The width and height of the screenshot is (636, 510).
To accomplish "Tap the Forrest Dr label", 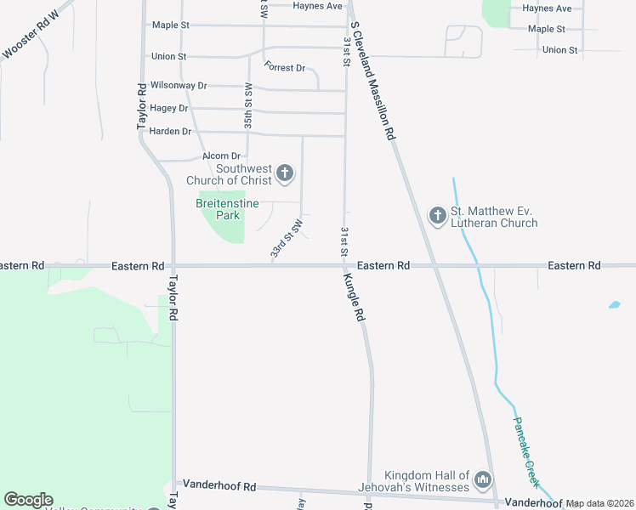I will tap(285, 67).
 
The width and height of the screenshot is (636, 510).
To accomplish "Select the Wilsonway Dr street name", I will tap(179, 86).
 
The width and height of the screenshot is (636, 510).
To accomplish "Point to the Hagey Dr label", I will tap(168, 109).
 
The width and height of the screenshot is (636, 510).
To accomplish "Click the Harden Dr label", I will tap(169, 131).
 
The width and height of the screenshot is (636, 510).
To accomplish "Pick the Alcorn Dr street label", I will tap(223, 156).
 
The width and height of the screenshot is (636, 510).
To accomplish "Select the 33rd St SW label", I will tap(287, 240).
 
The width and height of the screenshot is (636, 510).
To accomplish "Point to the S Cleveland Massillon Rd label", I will tap(373, 82).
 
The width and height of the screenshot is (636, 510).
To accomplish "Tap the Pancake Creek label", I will tap(525, 451).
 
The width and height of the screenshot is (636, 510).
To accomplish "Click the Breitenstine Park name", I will tap(220, 209).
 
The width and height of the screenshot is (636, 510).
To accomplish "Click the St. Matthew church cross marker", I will tap(437, 216).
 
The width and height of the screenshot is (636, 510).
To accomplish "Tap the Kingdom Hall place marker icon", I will tap(483, 481).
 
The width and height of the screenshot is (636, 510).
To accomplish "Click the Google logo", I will tap(28, 500).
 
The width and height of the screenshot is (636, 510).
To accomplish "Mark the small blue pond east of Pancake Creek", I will tap(613, 303).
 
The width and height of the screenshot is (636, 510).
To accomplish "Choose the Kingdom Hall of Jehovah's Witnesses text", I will tap(427, 481).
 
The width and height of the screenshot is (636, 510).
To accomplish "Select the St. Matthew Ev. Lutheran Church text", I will tap(494, 217).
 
